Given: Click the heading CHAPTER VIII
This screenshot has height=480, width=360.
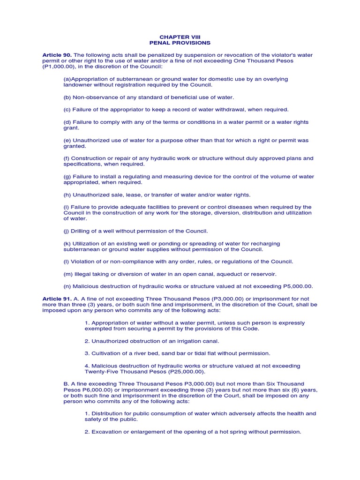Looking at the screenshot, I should pyautogui.click(x=180, y=37).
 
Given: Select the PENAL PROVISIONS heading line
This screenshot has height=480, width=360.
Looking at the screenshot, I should pyautogui.click(x=180, y=43).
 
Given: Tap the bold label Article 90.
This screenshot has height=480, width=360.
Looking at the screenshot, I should pyautogui.click(x=56, y=55).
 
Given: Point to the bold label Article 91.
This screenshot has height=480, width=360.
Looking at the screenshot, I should pyautogui.click(x=56, y=299).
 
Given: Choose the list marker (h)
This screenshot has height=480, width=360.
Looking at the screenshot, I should pyautogui.click(x=67, y=195).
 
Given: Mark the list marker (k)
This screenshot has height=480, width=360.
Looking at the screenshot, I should pyautogui.click(x=67, y=244).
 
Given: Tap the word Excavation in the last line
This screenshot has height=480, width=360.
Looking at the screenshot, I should pyautogui.click(x=108, y=432).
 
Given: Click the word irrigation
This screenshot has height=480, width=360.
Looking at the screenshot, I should pyautogui.click(x=183, y=341).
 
